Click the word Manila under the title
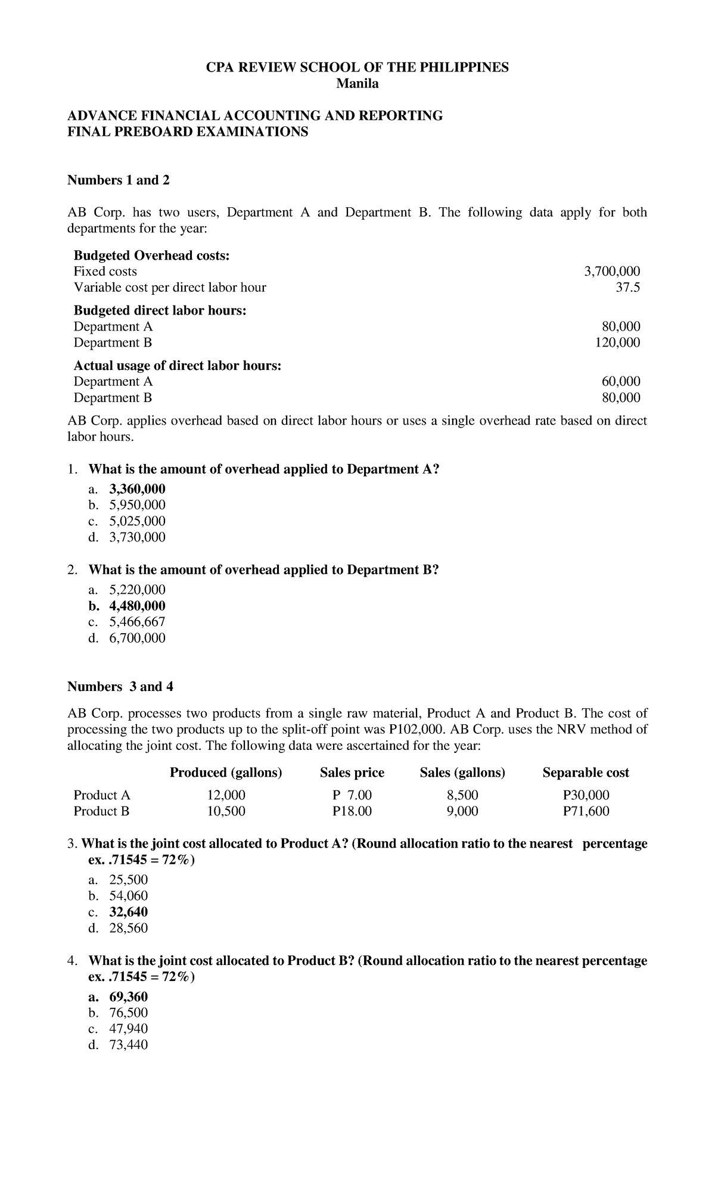coord(357,84)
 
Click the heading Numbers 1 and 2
coord(119,180)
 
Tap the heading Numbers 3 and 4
coord(120,687)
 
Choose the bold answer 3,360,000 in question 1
coord(137,489)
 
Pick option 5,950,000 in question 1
coord(137,505)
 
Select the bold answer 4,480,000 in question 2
coord(137,606)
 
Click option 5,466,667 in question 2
coord(137,622)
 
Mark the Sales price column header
coord(352,773)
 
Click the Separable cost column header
coord(585,773)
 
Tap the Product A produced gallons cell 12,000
coord(226,795)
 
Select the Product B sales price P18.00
coord(352,811)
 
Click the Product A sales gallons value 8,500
coord(462,795)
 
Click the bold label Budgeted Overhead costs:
coord(151,256)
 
